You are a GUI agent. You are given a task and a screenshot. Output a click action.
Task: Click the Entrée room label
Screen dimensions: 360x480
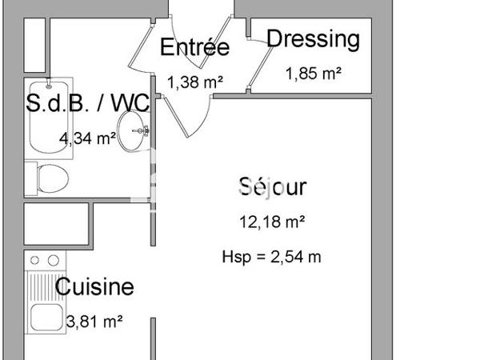194,47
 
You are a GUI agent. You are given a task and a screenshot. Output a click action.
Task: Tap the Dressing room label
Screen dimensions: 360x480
313,38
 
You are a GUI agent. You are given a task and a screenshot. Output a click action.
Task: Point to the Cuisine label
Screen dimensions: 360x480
94,286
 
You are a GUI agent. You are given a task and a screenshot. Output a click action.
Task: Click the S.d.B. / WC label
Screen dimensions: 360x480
86,102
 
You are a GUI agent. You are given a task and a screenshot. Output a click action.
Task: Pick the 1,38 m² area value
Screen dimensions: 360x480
194,81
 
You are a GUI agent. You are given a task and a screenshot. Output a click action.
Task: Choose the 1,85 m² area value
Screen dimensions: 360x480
313,74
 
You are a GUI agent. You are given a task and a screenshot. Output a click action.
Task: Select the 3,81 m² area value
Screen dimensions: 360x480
94,322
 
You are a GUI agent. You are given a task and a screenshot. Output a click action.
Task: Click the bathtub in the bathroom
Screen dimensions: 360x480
49,117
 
